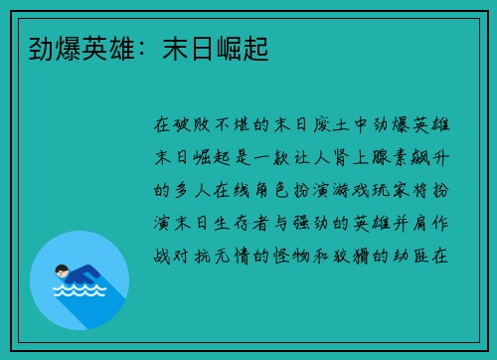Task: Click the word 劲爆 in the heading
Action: pos(42,47)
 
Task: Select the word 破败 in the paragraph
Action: pos(195,127)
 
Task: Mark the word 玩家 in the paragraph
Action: pos(398,191)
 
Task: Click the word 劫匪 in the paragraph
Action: pos(419,255)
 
